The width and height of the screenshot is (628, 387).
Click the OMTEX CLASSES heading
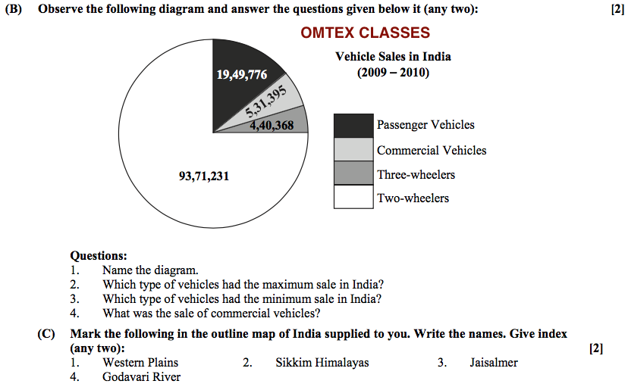[x=365, y=33]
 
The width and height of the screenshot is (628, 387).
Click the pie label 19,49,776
[x=242, y=74]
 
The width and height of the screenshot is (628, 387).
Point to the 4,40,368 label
[x=272, y=126]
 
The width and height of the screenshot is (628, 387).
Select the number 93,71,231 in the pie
[x=204, y=176]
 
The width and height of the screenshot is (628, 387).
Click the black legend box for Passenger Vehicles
[x=353, y=125]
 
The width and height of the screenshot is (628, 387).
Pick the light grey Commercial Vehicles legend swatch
[x=353, y=150]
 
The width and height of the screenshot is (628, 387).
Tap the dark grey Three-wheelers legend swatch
[x=353, y=174]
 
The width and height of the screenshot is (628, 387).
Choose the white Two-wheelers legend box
[x=353, y=198]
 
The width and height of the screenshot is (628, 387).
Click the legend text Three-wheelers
[x=416, y=175]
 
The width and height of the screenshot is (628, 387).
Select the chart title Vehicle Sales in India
[x=393, y=57]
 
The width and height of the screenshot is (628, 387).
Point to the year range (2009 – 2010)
[x=393, y=73]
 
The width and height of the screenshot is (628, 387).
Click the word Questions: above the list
[x=99, y=257]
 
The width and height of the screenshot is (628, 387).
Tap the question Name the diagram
[x=150, y=270]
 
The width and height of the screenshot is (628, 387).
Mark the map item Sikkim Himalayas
[x=322, y=363]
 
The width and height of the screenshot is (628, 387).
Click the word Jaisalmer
[x=493, y=363]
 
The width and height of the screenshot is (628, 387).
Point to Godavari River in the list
[x=141, y=376]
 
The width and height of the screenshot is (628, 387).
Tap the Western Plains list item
[x=140, y=363]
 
